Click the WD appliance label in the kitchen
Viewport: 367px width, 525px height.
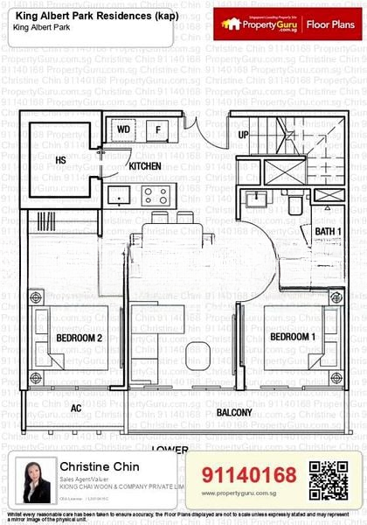tap(124, 130)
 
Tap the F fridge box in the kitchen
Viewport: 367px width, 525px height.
tap(158, 130)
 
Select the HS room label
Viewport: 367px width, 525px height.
tap(61, 160)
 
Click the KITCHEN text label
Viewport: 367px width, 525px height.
tap(145, 165)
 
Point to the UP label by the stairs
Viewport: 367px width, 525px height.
tap(244, 136)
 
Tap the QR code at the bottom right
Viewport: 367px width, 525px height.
tap(329, 479)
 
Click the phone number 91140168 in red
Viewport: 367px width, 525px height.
tap(249, 475)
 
